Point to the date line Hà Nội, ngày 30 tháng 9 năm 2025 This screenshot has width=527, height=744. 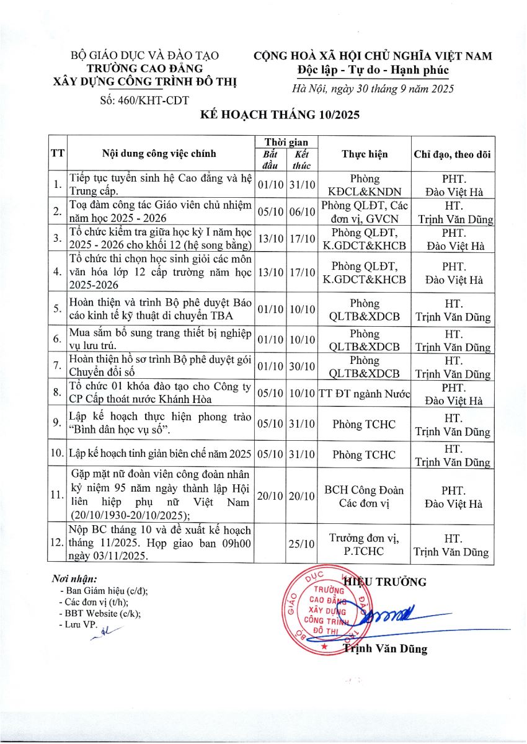click(373, 89)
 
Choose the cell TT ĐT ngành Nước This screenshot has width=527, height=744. click(364, 394)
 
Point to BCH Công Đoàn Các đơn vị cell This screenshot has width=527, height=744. click(364, 495)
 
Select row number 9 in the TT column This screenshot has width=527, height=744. click(57, 423)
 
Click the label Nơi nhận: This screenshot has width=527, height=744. click(72, 579)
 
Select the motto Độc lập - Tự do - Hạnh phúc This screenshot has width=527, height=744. click(373, 69)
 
